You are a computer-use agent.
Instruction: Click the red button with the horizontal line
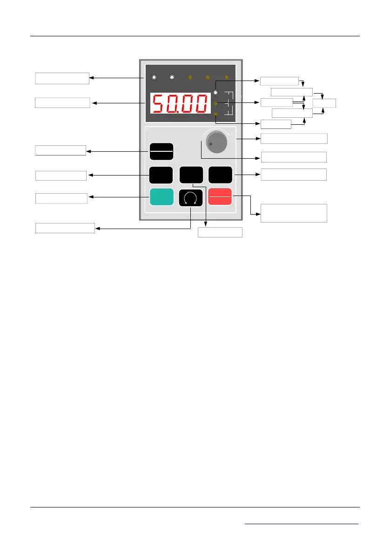click(x=220, y=197)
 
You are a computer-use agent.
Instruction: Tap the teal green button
click(x=161, y=197)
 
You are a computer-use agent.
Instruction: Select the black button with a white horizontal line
click(x=161, y=151)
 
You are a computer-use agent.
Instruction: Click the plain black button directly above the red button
click(x=220, y=175)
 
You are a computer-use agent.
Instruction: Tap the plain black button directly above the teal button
click(x=161, y=175)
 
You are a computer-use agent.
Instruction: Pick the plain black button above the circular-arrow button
click(x=191, y=175)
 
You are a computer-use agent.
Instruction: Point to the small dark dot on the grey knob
click(x=211, y=144)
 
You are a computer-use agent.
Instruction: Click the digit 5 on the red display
click(x=158, y=103)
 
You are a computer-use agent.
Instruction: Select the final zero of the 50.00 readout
click(x=201, y=103)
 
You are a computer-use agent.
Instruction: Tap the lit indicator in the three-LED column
click(x=215, y=92)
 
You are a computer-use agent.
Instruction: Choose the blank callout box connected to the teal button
click(x=61, y=198)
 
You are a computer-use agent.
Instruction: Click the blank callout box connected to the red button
click(x=294, y=213)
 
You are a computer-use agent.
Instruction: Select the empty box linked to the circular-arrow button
click(x=65, y=228)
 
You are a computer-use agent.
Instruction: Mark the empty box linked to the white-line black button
click(x=61, y=150)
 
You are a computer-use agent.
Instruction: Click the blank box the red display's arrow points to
click(x=62, y=102)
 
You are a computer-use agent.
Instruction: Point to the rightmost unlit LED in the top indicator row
click(x=227, y=77)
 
